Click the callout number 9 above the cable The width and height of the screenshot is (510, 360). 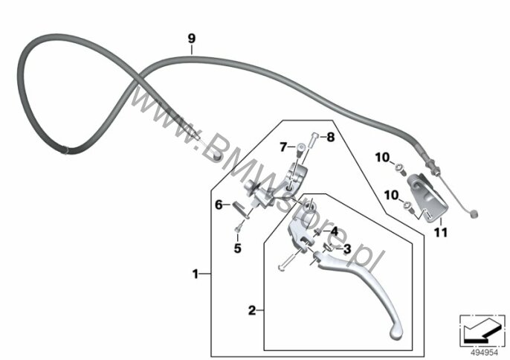click(191, 38)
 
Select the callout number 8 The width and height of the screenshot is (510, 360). click(331, 138)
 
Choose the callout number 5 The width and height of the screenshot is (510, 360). click(237, 248)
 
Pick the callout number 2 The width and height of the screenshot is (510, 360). click(252, 311)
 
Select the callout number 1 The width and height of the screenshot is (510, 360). click(196, 274)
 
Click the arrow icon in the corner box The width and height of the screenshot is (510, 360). click(480, 328)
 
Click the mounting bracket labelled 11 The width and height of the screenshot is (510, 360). click(426, 193)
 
